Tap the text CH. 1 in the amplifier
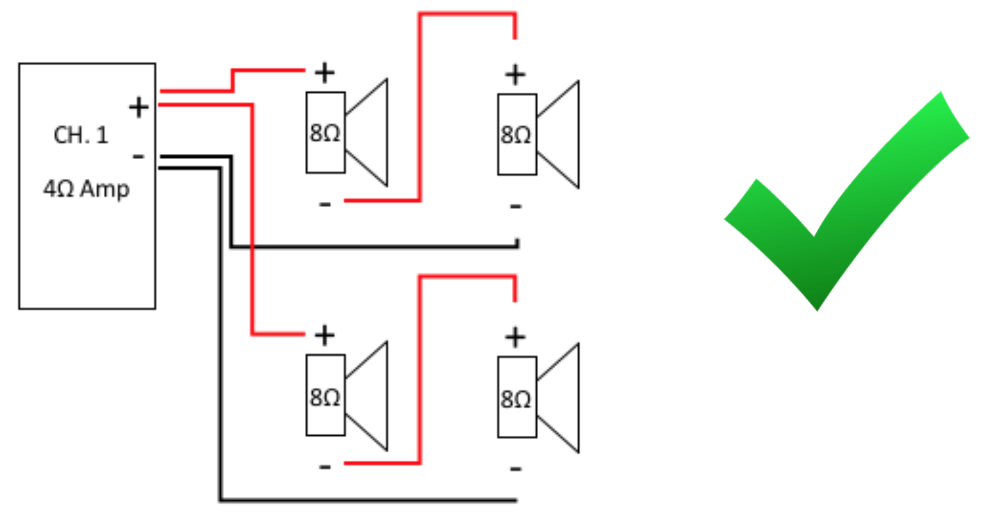click(x=81, y=135)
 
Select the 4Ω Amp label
click(x=87, y=189)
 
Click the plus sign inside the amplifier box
click(x=139, y=107)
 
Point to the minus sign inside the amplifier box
click(x=139, y=157)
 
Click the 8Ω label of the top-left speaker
click(x=325, y=133)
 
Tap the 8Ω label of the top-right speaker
click(x=516, y=135)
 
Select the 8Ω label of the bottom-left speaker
click(x=325, y=397)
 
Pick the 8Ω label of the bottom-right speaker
click(x=516, y=399)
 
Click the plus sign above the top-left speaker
click(x=325, y=73)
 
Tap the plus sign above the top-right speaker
click(x=516, y=75)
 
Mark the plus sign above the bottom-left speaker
click(x=325, y=335)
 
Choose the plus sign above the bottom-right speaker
click(x=516, y=337)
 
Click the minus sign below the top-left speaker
click(x=325, y=205)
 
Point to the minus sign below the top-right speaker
click(x=516, y=207)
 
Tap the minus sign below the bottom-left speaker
click(x=325, y=467)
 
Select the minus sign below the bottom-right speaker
click(x=516, y=469)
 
